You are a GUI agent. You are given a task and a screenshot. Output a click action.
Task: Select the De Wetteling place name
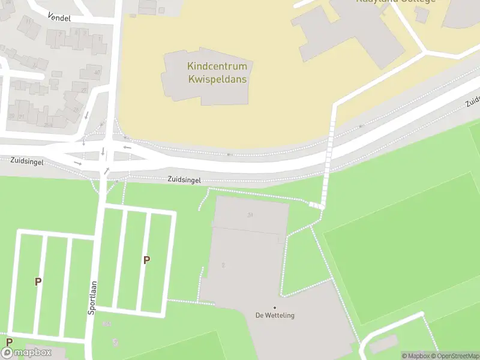pyautogui.click(x=275, y=316)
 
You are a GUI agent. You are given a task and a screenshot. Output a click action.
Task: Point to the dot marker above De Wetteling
pyautogui.click(x=275, y=308)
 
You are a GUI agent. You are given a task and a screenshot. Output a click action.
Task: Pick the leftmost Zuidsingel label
pyautogui.click(x=26, y=161)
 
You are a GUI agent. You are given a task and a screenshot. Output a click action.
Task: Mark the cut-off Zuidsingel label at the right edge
pyautogui.click(x=472, y=101)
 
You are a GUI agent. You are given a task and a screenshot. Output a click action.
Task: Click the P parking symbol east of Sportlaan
pyautogui.click(x=146, y=260)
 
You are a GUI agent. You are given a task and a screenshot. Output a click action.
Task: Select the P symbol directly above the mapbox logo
pyautogui.click(x=9, y=342)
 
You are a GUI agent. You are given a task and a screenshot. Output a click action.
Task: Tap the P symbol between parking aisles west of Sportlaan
pyautogui.click(x=38, y=281)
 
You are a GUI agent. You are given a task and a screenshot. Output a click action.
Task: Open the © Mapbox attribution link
pyautogui.click(x=415, y=356)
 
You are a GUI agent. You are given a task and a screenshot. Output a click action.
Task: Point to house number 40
pyautogui.click(x=97, y=73)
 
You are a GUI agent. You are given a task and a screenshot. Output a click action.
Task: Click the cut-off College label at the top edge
pyautogui.click(x=396, y=2)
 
